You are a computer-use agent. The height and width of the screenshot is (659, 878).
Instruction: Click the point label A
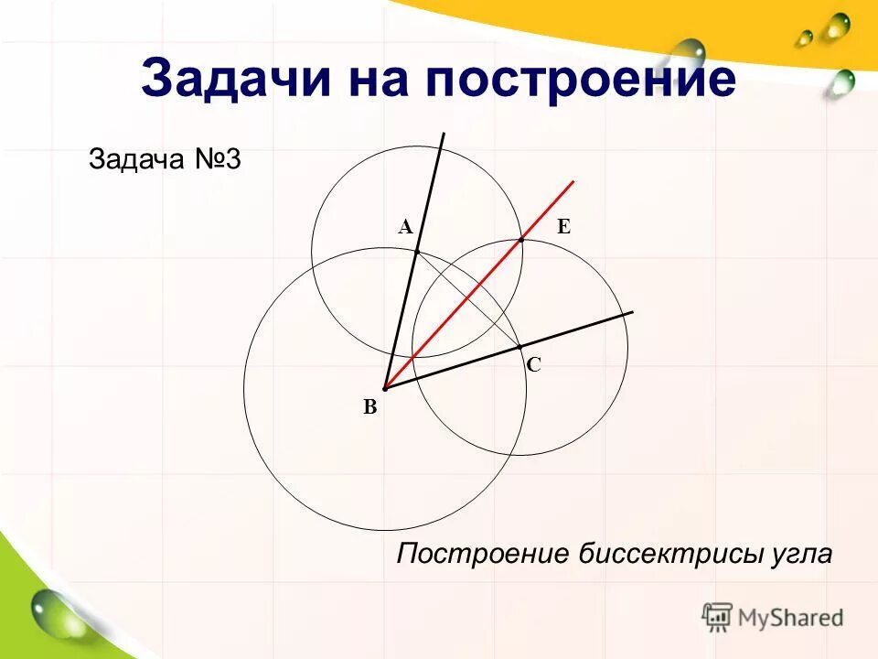pyautogui.click(x=406, y=228)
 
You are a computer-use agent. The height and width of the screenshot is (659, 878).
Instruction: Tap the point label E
pyautogui.click(x=563, y=228)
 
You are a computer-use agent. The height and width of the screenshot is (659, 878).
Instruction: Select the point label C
pyautogui.click(x=534, y=364)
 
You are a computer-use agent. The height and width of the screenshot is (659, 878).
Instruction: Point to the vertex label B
pyautogui.click(x=369, y=408)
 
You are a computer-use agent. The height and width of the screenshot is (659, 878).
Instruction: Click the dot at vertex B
pyautogui.click(x=385, y=389)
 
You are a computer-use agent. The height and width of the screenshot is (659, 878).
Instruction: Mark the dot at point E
pyautogui.click(x=521, y=239)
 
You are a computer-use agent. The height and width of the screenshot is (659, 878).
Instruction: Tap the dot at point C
pyautogui.click(x=519, y=347)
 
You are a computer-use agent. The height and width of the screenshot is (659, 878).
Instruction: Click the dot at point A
pyautogui.click(x=416, y=250)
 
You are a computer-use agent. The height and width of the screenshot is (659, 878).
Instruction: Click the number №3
pyautogui.click(x=217, y=160)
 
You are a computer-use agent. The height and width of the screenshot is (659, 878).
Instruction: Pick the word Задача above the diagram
pyautogui.click(x=136, y=160)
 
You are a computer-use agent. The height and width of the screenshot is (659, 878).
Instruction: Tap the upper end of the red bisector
pyautogui.click(x=573, y=182)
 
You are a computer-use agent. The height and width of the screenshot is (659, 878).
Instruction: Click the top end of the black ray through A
pyautogui.click(x=444, y=134)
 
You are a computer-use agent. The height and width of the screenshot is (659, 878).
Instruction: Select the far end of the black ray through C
pyautogui.click(x=633, y=313)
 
